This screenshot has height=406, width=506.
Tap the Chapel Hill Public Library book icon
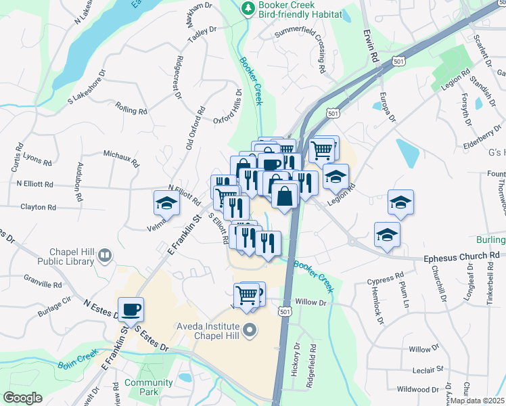point(105,255)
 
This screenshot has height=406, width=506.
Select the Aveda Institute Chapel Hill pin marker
point(250,331)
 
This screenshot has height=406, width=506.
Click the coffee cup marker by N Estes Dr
point(131,309)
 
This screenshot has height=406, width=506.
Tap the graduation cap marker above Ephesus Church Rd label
point(387,234)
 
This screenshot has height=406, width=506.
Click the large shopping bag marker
point(285,196)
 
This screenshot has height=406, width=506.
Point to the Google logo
point(23,398)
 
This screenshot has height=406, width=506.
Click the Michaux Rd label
point(121,158)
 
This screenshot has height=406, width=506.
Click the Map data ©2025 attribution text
point(478,401)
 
